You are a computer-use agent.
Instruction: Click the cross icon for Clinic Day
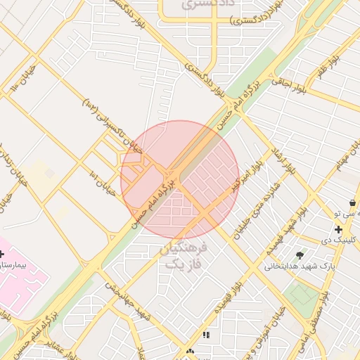coord(339,229)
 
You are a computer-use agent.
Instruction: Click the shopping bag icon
coord(352,203)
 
